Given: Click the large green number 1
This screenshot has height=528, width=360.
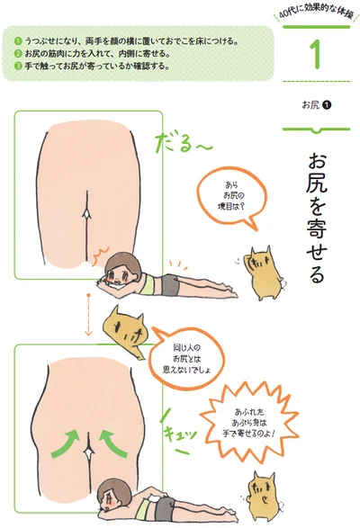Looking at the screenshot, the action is click(316, 55).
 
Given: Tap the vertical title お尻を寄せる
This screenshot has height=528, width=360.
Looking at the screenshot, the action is click(317, 219).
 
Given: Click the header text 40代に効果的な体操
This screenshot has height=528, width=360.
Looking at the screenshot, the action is click(317, 14).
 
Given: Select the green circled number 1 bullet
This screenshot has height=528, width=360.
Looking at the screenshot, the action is click(18, 41).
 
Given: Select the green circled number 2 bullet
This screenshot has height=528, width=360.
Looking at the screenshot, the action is click(18, 54).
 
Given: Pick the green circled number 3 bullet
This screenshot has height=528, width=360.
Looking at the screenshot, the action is click(18, 66).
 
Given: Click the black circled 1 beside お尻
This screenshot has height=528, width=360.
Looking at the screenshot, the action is click(327, 105).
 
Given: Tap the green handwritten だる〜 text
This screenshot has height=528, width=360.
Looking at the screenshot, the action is click(183, 143).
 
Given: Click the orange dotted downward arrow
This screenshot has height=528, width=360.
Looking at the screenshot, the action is click(88, 315).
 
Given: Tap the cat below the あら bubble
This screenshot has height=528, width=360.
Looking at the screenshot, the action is click(265, 273).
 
